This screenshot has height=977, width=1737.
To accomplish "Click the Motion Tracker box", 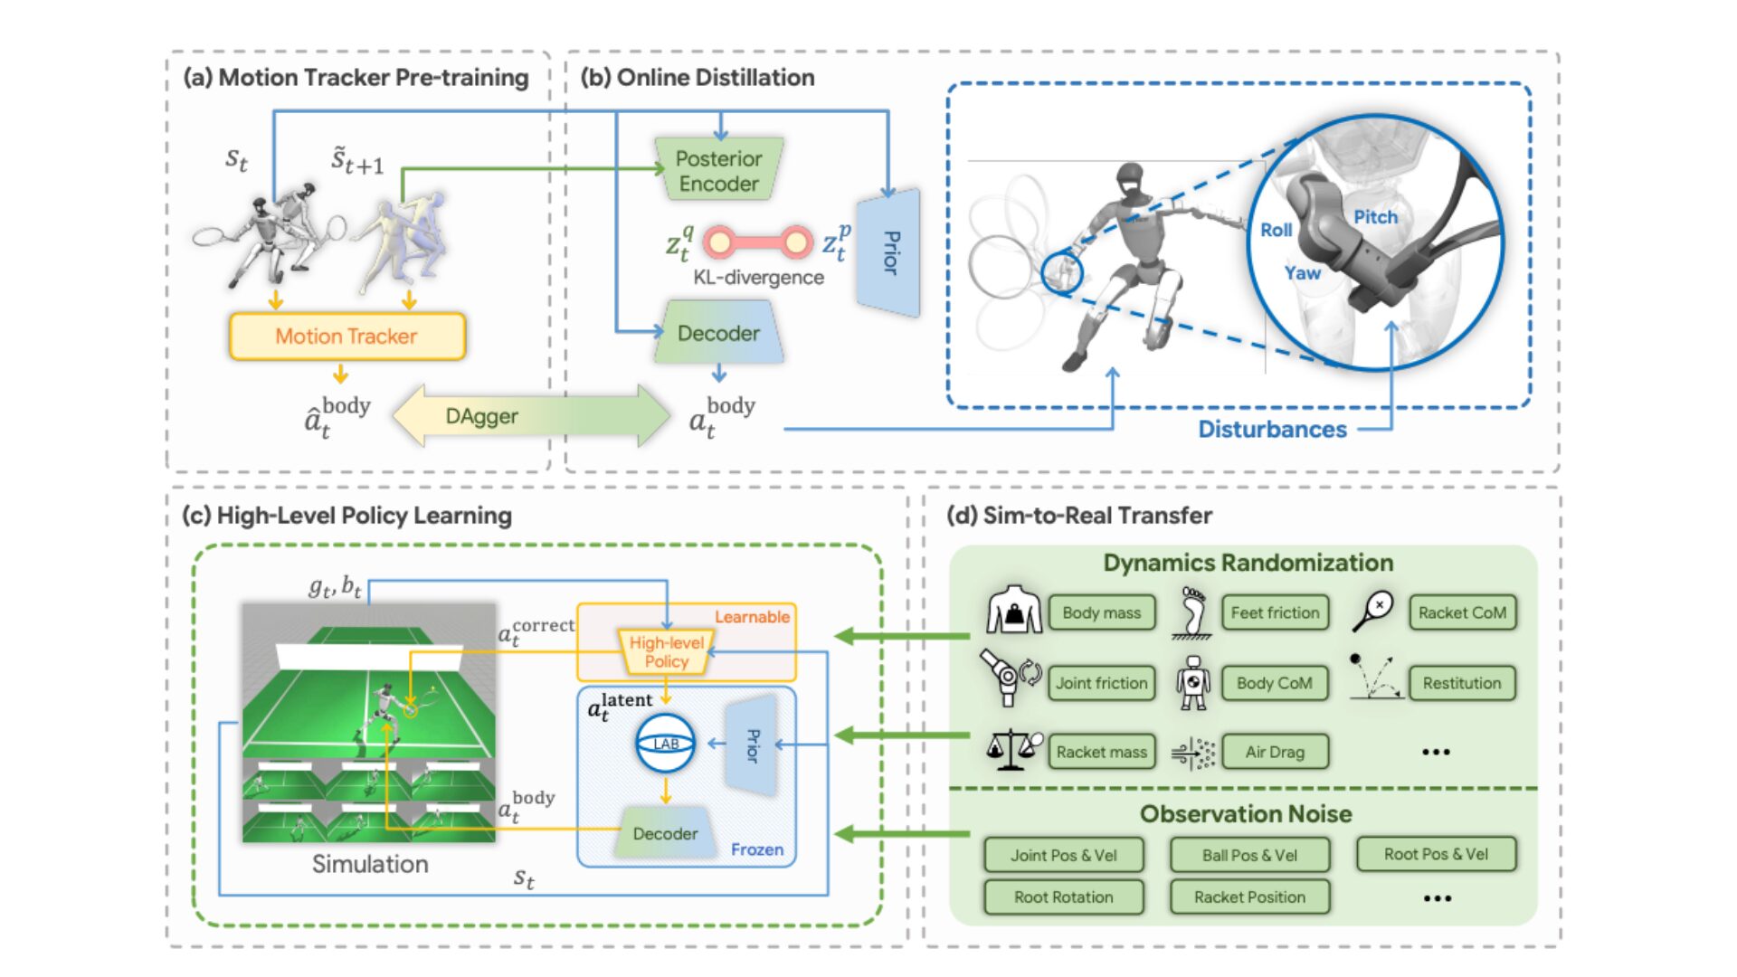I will [346, 337].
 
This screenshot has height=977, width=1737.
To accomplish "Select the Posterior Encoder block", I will [719, 171].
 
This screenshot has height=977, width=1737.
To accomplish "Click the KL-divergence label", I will [758, 278].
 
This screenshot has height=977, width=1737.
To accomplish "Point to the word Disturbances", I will [1272, 430].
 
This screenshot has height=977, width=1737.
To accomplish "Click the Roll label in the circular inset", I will [1276, 230].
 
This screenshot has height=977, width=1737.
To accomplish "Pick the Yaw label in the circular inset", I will [1302, 273].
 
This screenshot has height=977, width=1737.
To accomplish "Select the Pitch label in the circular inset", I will [1375, 217].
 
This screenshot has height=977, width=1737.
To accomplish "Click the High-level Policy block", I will [667, 652].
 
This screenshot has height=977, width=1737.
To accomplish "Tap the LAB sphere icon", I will [666, 744].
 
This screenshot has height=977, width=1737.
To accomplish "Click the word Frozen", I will [757, 849].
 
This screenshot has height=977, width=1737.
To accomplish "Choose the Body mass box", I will [1101, 613].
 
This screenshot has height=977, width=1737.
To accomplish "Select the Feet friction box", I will [1275, 613].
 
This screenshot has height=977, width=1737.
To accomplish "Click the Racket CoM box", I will [1462, 613].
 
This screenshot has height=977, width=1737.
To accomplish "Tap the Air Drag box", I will [1275, 752].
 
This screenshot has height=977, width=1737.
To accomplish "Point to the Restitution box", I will [1461, 683].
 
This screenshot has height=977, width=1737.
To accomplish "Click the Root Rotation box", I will [1063, 897].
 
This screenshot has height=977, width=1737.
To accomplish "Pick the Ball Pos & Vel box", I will [1249, 855].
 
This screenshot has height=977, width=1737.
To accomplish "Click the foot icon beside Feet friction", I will [1192, 613].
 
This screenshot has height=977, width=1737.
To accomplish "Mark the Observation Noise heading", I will [1246, 814].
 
